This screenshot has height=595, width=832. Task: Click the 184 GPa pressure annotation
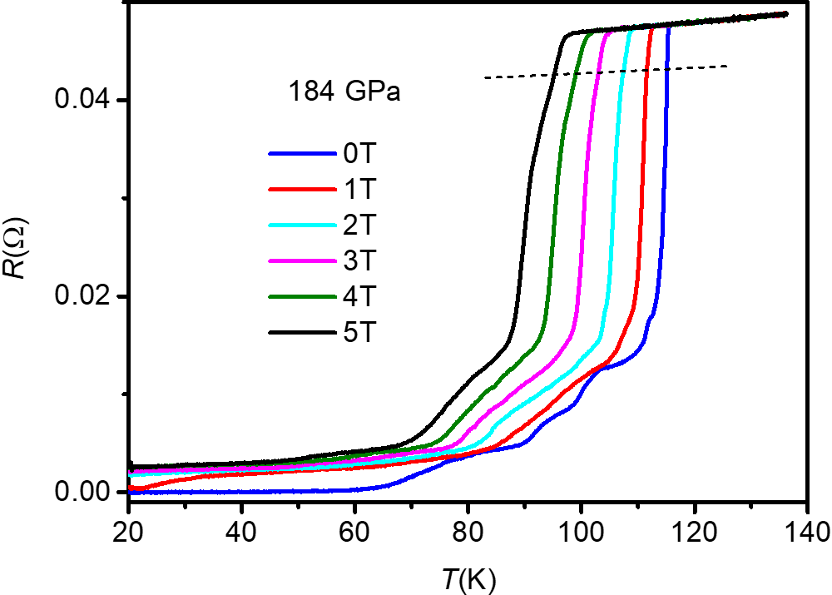344,92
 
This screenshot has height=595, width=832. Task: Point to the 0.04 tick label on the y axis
82,101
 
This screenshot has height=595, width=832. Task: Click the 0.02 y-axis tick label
82,297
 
